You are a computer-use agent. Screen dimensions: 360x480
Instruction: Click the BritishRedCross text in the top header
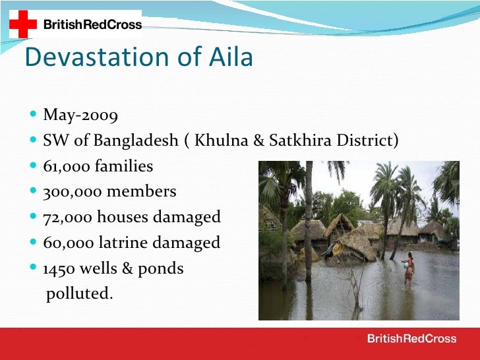92,25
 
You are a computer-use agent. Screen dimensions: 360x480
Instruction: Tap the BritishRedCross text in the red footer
411,339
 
